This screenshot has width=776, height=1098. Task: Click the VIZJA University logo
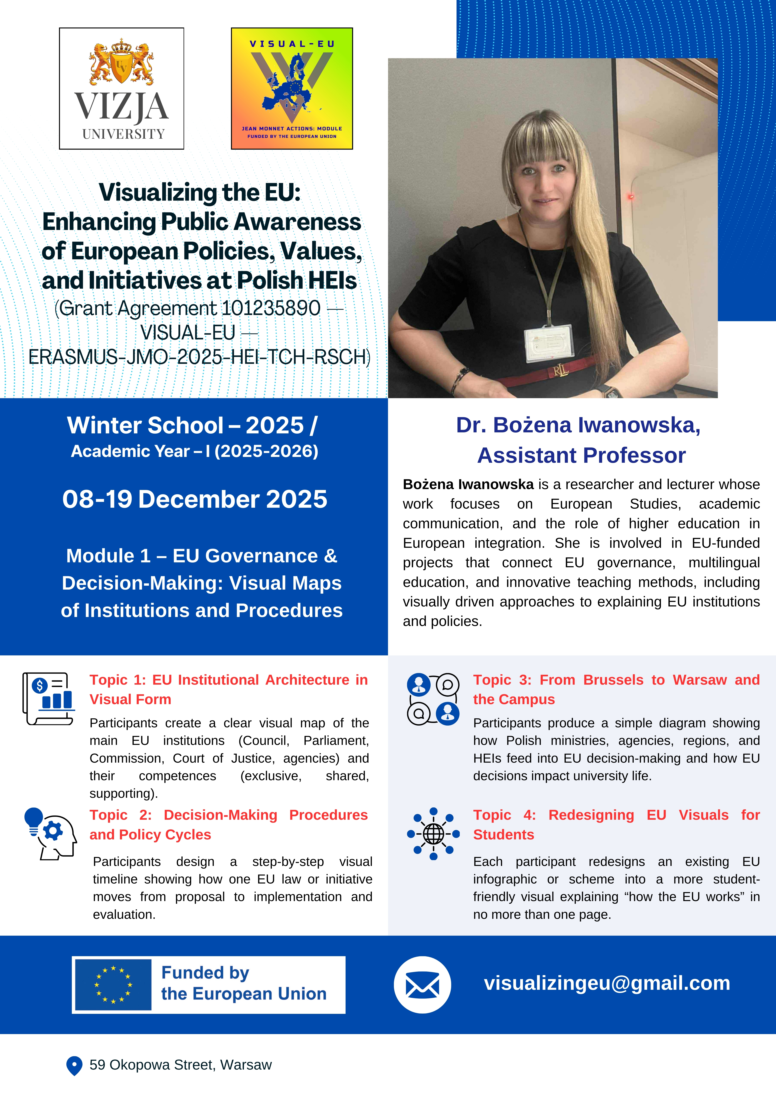click(122, 89)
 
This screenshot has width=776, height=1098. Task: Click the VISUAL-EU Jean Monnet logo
click(292, 89)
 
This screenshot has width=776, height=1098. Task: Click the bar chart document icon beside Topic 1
click(48, 699)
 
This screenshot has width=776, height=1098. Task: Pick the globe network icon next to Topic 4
click(433, 834)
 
